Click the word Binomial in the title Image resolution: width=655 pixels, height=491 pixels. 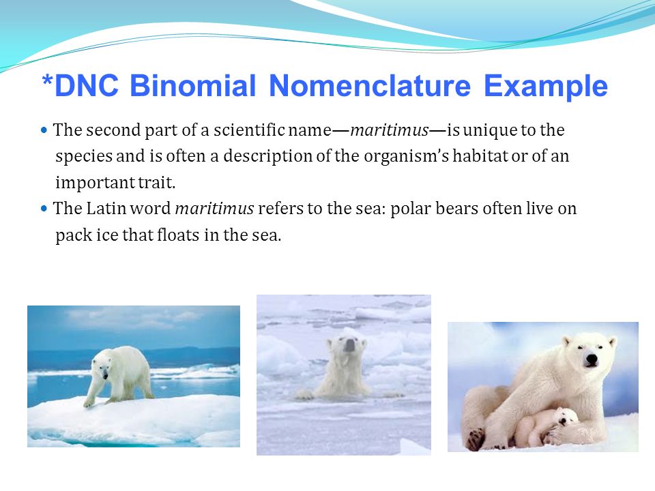pyautogui.click(x=192, y=86)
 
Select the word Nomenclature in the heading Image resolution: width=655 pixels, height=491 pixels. pyautogui.click(x=370, y=86)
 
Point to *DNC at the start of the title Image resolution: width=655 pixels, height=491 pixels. pyautogui.click(x=81, y=85)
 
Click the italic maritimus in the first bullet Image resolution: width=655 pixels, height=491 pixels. pyautogui.click(x=390, y=130)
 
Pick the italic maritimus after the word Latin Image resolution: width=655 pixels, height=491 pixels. pyautogui.click(x=214, y=208)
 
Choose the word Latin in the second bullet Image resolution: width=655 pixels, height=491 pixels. pyautogui.click(x=106, y=208)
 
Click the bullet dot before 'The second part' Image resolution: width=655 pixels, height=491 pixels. pyautogui.click(x=44, y=130)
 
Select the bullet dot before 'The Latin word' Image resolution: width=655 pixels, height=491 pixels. pyautogui.click(x=44, y=209)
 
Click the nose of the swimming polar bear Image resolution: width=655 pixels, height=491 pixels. pyautogui.click(x=349, y=345)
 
